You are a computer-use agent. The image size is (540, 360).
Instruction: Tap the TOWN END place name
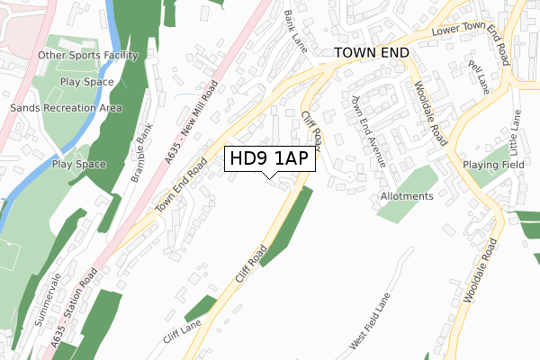pos(371,53)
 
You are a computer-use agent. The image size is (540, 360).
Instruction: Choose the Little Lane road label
pos(517,130)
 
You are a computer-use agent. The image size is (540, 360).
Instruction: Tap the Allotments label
pos(407,195)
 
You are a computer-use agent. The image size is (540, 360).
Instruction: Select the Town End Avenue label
pos(368,131)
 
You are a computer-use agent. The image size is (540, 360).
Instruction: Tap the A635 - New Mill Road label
pos(191,124)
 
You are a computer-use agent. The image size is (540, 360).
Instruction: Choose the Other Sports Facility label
pos(88,56)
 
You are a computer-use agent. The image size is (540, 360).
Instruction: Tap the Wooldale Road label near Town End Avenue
pos(429,112)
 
